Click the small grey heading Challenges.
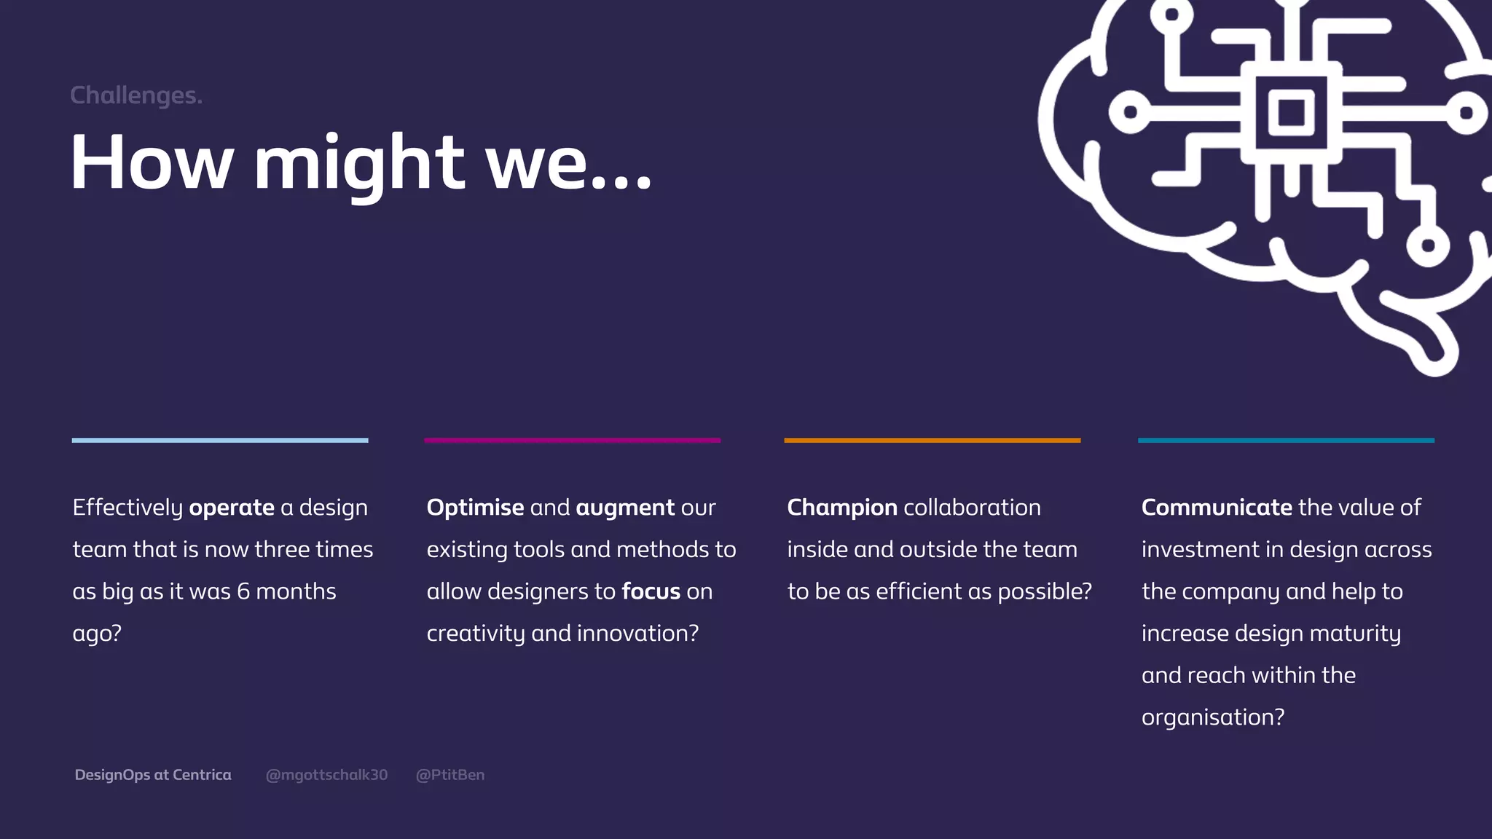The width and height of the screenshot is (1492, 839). coord(136,95)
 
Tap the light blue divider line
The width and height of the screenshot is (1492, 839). coord(220,441)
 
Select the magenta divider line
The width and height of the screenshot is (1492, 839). coord(573,441)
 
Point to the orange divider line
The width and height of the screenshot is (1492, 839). coord(932,441)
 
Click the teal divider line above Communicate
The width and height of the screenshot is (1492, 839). coord(1286,441)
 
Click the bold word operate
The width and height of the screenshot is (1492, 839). coord(232,508)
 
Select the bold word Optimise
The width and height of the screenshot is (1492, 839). coord(475,508)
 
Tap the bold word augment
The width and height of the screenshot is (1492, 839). coord(625,508)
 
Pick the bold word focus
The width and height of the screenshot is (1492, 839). coord(651,591)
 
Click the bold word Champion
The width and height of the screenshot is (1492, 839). coord(842,508)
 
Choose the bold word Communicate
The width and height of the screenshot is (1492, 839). coord(1217,508)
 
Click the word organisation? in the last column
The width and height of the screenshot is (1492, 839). coord(1213,717)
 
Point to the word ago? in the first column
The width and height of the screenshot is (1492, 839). coord(97,634)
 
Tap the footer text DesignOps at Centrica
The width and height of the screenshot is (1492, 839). coord(153,775)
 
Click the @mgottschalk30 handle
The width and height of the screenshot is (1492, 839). coord(326,775)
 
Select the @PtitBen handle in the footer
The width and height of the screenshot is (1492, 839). coord(450,775)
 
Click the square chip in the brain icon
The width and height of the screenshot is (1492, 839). coord(1291,112)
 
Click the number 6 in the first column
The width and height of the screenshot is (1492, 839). coord(243,591)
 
